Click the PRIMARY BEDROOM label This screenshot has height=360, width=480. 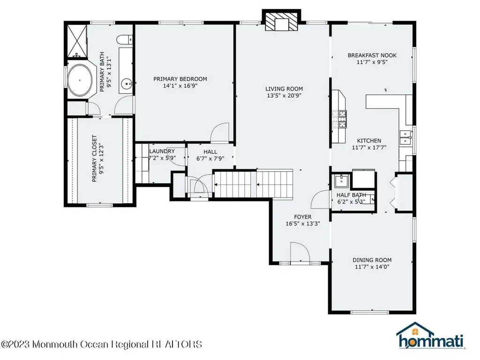pyautogui.click(x=180, y=79)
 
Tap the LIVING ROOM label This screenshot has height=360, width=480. pyautogui.click(x=284, y=89)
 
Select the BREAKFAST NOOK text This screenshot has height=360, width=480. pyautogui.click(x=372, y=55)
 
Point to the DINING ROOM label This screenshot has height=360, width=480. pyautogui.click(x=372, y=260)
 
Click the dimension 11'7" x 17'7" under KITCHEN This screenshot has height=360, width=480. pyautogui.click(x=369, y=148)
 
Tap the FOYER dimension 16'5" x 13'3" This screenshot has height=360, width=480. pyautogui.click(x=303, y=224)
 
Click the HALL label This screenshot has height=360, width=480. pyautogui.click(x=210, y=152)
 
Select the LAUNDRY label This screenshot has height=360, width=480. pyautogui.click(x=162, y=151)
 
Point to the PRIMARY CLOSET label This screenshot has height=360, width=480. pyautogui.click(x=94, y=158)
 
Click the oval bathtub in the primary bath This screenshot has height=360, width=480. pyautogui.click(x=80, y=80)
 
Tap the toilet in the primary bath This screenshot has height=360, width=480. pyautogui.click(x=124, y=39)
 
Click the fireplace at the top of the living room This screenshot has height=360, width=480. pyautogui.click(x=282, y=21)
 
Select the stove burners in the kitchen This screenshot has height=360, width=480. pyautogui.click(x=340, y=119)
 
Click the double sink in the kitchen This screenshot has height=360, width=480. pyautogui.click(x=405, y=138)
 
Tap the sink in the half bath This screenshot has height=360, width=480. pyautogui.click(x=341, y=181)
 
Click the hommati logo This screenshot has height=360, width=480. pyautogui.click(x=430, y=336)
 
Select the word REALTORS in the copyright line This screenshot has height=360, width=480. pyautogui.click(x=177, y=345)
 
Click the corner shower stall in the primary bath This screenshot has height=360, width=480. pyautogui.click(x=77, y=41)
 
